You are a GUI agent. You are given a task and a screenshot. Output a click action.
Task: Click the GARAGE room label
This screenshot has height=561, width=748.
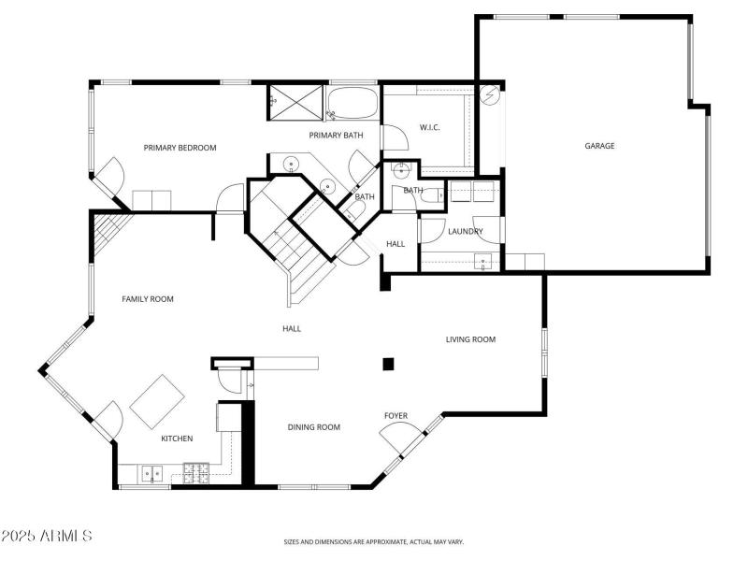[x=599, y=146]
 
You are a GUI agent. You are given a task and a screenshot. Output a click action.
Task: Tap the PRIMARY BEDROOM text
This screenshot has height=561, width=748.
[x=180, y=148]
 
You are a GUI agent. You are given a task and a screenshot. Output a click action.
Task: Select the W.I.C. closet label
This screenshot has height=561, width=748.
[x=429, y=127]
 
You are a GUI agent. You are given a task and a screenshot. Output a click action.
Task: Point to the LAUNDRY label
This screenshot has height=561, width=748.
[x=465, y=231]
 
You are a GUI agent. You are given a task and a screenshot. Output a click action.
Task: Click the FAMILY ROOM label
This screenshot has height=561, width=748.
[x=148, y=299]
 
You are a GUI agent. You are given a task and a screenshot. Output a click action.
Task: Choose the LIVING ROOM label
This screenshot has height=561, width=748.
[x=469, y=339]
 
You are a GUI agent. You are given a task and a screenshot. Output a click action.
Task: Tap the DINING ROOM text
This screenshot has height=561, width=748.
[x=313, y=427]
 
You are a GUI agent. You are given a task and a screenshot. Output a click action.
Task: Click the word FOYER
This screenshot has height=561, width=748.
[x=396, y=415]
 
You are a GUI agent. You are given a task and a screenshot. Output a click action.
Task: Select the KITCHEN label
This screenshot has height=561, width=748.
[x=177, y=439]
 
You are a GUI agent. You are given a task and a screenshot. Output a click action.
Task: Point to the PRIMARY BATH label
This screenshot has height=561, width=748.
[x=337, y=137]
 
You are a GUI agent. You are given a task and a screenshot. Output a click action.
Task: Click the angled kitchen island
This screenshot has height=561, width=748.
[x=156, y=401]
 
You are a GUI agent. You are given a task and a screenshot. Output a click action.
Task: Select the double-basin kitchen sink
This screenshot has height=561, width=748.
[x=151, y=473]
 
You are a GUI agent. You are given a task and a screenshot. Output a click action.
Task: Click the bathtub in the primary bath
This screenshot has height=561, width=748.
[x=353, y=103]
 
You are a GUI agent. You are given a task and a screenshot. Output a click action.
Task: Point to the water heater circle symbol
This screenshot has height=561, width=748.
[x=490, y=95]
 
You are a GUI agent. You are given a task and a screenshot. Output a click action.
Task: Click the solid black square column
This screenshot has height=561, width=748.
[x=388, y=364]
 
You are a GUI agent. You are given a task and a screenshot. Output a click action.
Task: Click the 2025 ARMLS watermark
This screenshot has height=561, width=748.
[x=47, y=537]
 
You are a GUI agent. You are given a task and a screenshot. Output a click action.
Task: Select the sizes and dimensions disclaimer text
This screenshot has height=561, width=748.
[x=374, y=541]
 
